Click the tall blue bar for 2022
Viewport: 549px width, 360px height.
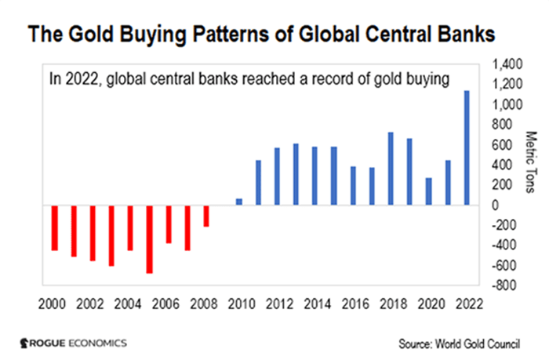pos(467,147)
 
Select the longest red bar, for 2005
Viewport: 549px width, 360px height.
pos(149,239)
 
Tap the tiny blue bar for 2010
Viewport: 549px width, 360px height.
pos(239,202)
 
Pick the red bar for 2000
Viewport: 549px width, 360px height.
pos(54,227)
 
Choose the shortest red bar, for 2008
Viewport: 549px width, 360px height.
pos(206,216)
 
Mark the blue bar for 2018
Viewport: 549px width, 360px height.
pos(391,168)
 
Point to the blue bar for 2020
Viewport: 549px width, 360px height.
pos(429,191)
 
